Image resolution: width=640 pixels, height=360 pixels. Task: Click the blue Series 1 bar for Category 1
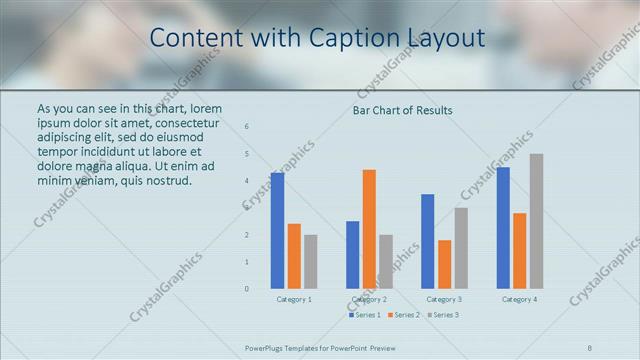point(277,231)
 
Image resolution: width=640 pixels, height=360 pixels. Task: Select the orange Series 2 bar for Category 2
point(369,229)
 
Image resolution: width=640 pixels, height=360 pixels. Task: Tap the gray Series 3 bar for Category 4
point(536,221)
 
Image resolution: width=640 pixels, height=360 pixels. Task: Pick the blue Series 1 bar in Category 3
point(428,241)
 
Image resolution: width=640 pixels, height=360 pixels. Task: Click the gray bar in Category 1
point(310,262)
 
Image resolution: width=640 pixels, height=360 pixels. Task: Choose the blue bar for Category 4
point(503,228)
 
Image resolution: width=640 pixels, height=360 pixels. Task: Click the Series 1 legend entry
point(364,315)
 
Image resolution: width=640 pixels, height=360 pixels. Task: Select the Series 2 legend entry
point(403,315)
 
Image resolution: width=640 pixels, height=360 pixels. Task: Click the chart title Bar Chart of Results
point(403,110)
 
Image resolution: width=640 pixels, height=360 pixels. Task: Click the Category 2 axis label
point(369,299)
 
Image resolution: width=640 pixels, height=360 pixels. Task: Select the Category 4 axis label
point(519,299)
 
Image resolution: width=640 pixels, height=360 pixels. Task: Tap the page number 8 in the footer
point(590,348)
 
